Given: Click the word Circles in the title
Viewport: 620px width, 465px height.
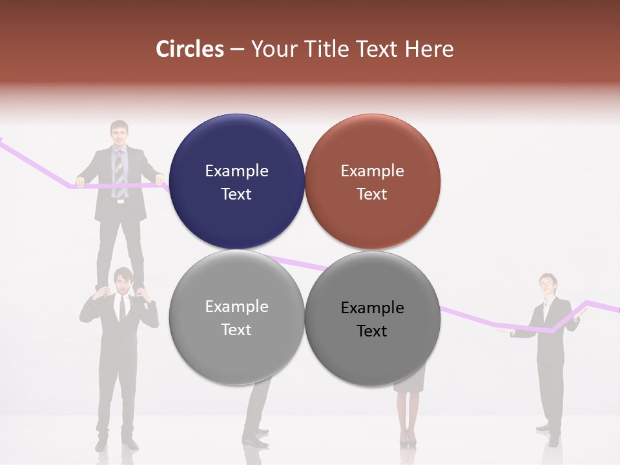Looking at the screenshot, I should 189,49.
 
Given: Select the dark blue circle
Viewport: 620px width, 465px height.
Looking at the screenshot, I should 236,181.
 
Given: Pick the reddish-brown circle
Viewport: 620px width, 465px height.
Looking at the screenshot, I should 372,181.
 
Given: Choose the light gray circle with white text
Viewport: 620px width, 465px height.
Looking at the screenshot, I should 236,317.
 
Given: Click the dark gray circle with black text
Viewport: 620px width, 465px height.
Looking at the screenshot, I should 372,318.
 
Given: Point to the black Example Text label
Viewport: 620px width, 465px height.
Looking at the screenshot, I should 372,319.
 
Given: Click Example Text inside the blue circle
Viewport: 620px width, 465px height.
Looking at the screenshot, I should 236,182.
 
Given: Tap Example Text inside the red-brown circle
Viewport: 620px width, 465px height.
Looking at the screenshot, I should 372,182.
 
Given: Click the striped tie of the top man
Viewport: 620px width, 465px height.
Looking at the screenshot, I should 119,171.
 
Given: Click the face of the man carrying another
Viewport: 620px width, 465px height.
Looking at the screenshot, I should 122,282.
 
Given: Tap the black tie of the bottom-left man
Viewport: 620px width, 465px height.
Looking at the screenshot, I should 121,309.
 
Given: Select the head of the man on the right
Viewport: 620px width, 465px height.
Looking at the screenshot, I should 548,284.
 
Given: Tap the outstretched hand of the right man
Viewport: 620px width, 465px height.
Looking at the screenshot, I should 503,332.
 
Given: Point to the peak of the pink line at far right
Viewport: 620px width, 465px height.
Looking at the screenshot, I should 588,301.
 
